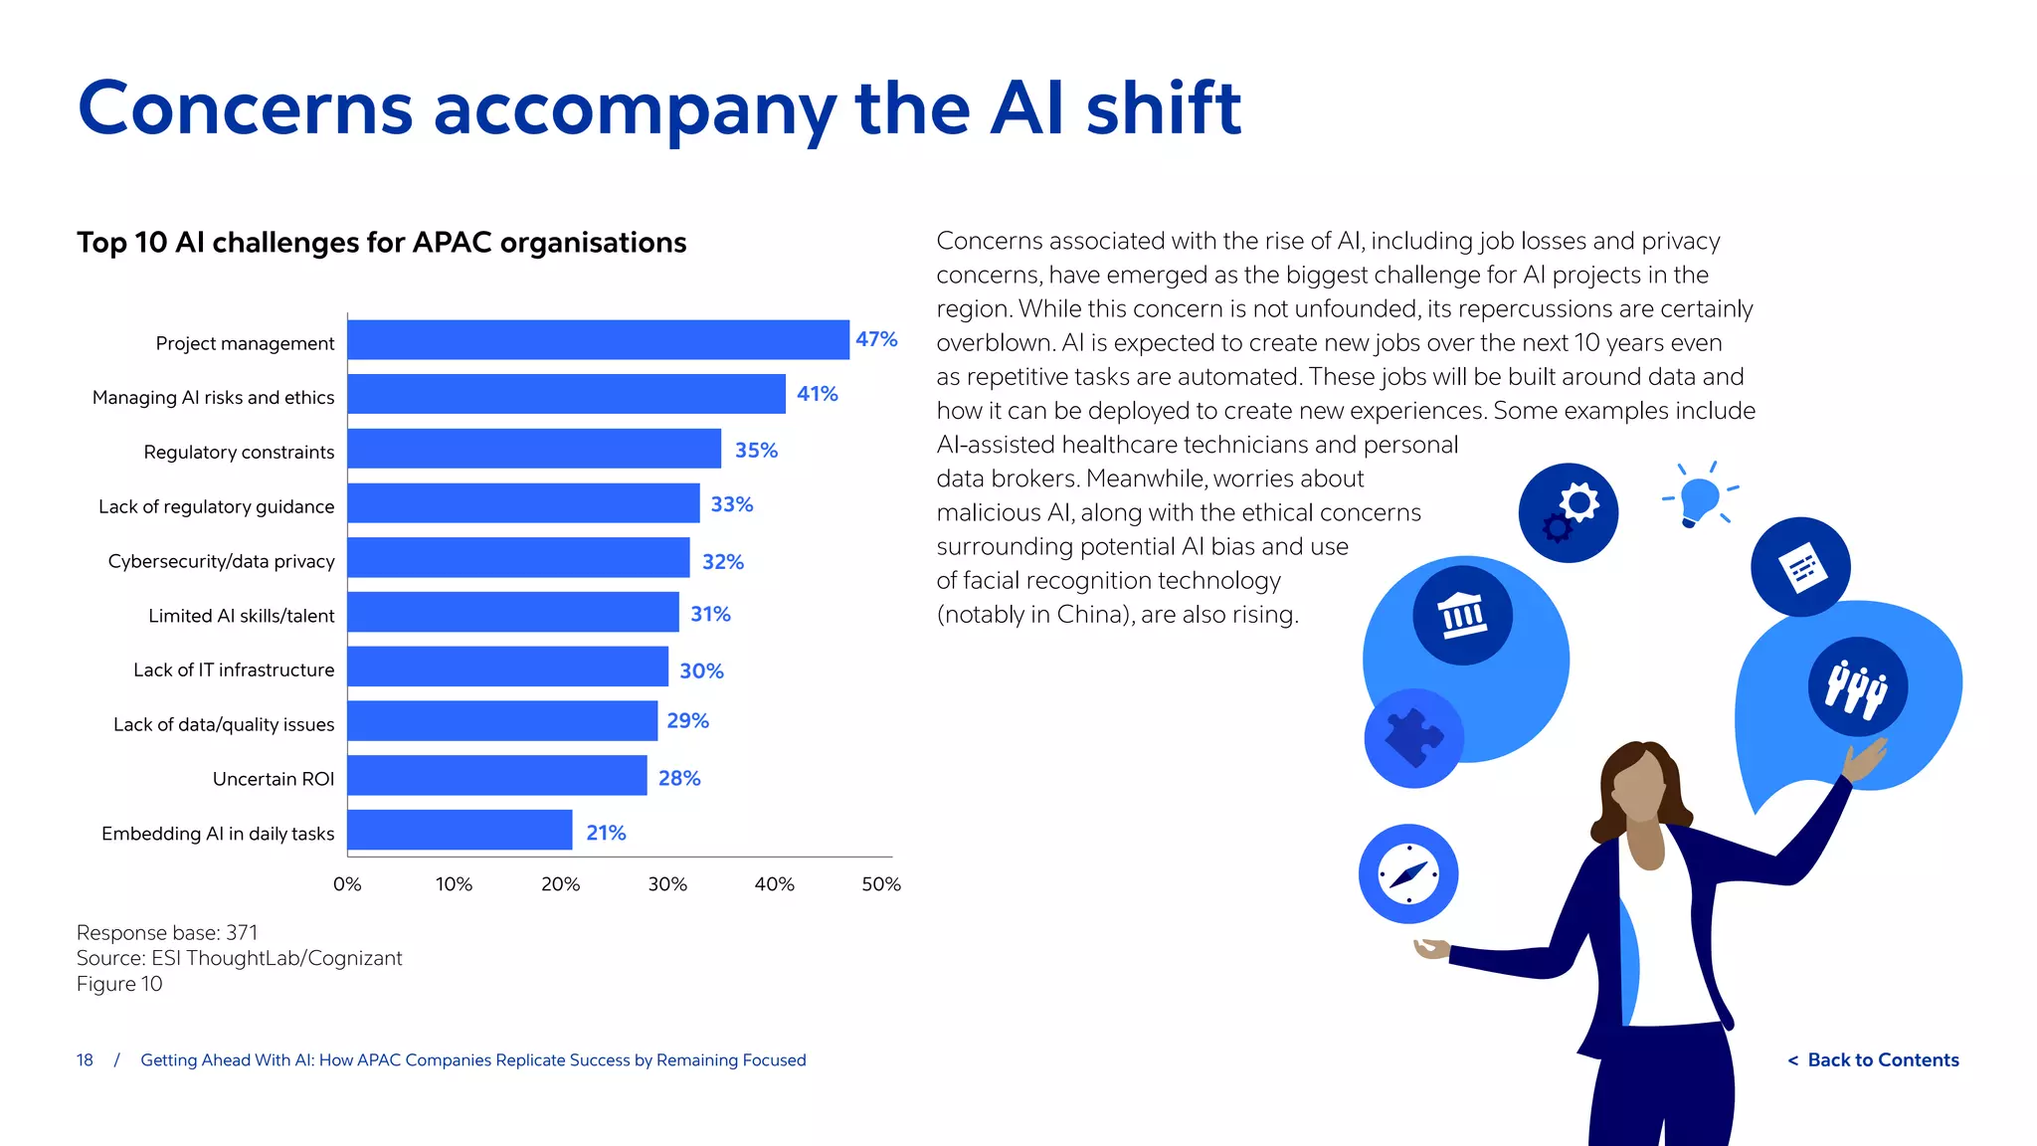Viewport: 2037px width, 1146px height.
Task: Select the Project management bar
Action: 598,339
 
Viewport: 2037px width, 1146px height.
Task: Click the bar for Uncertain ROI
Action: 496,775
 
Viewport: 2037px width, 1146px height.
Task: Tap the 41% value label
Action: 817,394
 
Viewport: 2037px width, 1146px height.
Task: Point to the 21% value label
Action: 606,833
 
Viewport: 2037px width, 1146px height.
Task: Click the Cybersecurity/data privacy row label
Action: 221,561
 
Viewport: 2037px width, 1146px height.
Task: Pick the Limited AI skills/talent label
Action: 241,616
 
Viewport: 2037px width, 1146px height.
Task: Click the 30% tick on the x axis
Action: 667,884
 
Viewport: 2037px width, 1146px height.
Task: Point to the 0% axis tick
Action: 347,884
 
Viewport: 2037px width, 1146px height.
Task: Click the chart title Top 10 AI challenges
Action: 381,243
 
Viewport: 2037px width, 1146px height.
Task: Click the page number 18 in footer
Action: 85,1060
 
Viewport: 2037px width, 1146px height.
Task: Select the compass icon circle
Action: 1408,874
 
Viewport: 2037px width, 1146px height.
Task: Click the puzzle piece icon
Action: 1413,738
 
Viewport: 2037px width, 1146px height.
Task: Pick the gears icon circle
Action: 1569,512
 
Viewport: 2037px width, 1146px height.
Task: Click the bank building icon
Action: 1463,615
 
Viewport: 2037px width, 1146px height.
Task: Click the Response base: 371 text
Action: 167,933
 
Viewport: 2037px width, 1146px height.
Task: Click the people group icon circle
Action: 1857,686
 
